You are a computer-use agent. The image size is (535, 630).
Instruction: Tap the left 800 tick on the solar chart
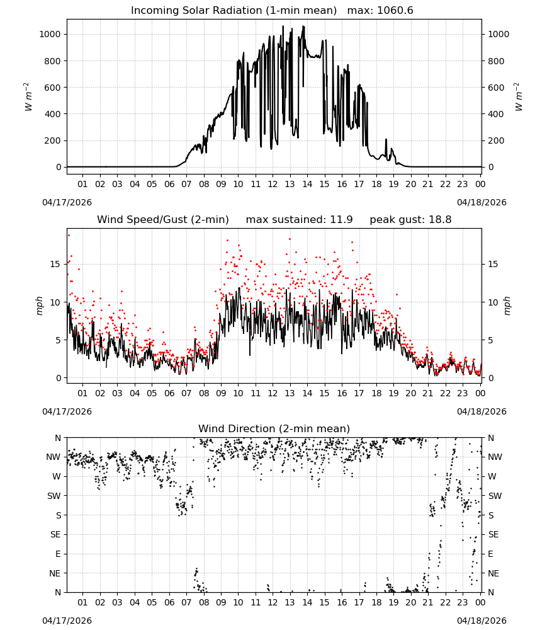[x=50, y=61]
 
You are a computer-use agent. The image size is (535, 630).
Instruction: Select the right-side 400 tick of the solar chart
[x=496, y=114]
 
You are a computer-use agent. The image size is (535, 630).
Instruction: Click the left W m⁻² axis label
[x=28, y=97]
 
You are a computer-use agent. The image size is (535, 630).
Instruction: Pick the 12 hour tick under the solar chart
[x=273, y=184]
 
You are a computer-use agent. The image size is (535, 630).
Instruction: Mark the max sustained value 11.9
[x=342, y=220]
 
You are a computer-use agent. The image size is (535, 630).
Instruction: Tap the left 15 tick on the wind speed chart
[x=55, y=264]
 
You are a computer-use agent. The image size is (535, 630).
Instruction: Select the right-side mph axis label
[x=507, y=306]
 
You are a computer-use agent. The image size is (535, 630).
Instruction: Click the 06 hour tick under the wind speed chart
[x=169, y=393]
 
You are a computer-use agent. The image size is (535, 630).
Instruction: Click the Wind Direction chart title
[x=274, y=428]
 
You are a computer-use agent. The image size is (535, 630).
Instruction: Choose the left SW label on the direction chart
[x=54, y=496]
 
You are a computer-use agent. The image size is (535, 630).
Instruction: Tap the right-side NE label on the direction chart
[x=493, y=573]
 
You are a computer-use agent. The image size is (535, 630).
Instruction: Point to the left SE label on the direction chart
[x=55, y=534]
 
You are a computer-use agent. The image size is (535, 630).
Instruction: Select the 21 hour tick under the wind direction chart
[x=428, y=602]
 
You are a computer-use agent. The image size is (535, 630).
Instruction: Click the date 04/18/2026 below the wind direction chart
[x=481, y=621]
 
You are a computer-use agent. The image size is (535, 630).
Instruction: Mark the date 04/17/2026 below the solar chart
[x=67, y=202]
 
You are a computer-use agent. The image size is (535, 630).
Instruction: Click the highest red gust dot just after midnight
[x=69, y=236]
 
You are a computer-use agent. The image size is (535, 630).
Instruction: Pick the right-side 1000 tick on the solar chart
[x=498, y=34]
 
